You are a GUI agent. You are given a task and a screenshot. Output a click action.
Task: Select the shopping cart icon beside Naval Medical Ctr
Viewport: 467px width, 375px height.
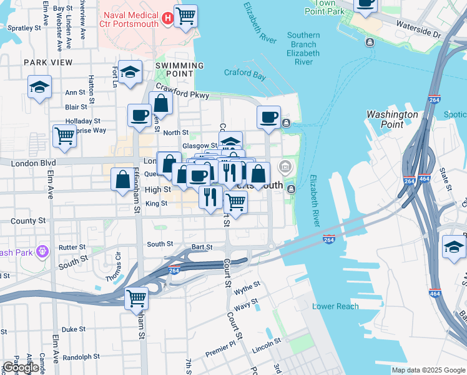pos(186,16)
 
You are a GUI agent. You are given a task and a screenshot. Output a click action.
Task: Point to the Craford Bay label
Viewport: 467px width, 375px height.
pos(245,74)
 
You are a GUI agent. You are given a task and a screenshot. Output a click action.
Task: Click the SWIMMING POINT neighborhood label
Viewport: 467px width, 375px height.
pos(179,69)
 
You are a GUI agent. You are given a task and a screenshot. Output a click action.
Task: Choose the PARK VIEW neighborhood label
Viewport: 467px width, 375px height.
pos(48,62)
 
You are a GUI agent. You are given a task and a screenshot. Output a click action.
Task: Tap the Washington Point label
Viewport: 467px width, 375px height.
pos(392,119)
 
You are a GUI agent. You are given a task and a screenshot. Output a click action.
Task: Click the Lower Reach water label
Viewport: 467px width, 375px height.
pos(335,306)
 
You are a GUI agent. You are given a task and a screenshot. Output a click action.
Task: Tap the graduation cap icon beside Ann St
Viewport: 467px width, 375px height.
pos(39,87)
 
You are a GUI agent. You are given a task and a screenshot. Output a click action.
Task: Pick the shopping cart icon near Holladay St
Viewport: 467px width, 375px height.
pos(65,136)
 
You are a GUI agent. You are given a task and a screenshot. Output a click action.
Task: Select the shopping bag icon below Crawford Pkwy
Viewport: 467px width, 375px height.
pos(160,103)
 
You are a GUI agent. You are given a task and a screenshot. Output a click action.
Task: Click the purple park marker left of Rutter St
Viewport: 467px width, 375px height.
pos(42,251)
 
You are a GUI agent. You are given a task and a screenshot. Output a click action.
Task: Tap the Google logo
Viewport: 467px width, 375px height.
pos(21,367)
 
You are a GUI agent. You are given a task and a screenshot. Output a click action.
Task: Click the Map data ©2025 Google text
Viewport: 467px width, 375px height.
pos(428,370)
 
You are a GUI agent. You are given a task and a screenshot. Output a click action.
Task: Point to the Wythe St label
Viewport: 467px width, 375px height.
pos(247,291)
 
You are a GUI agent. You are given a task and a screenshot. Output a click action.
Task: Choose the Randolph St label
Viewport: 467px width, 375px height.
pos(81,357)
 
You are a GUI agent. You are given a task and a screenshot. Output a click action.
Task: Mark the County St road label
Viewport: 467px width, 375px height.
pos(28,221)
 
